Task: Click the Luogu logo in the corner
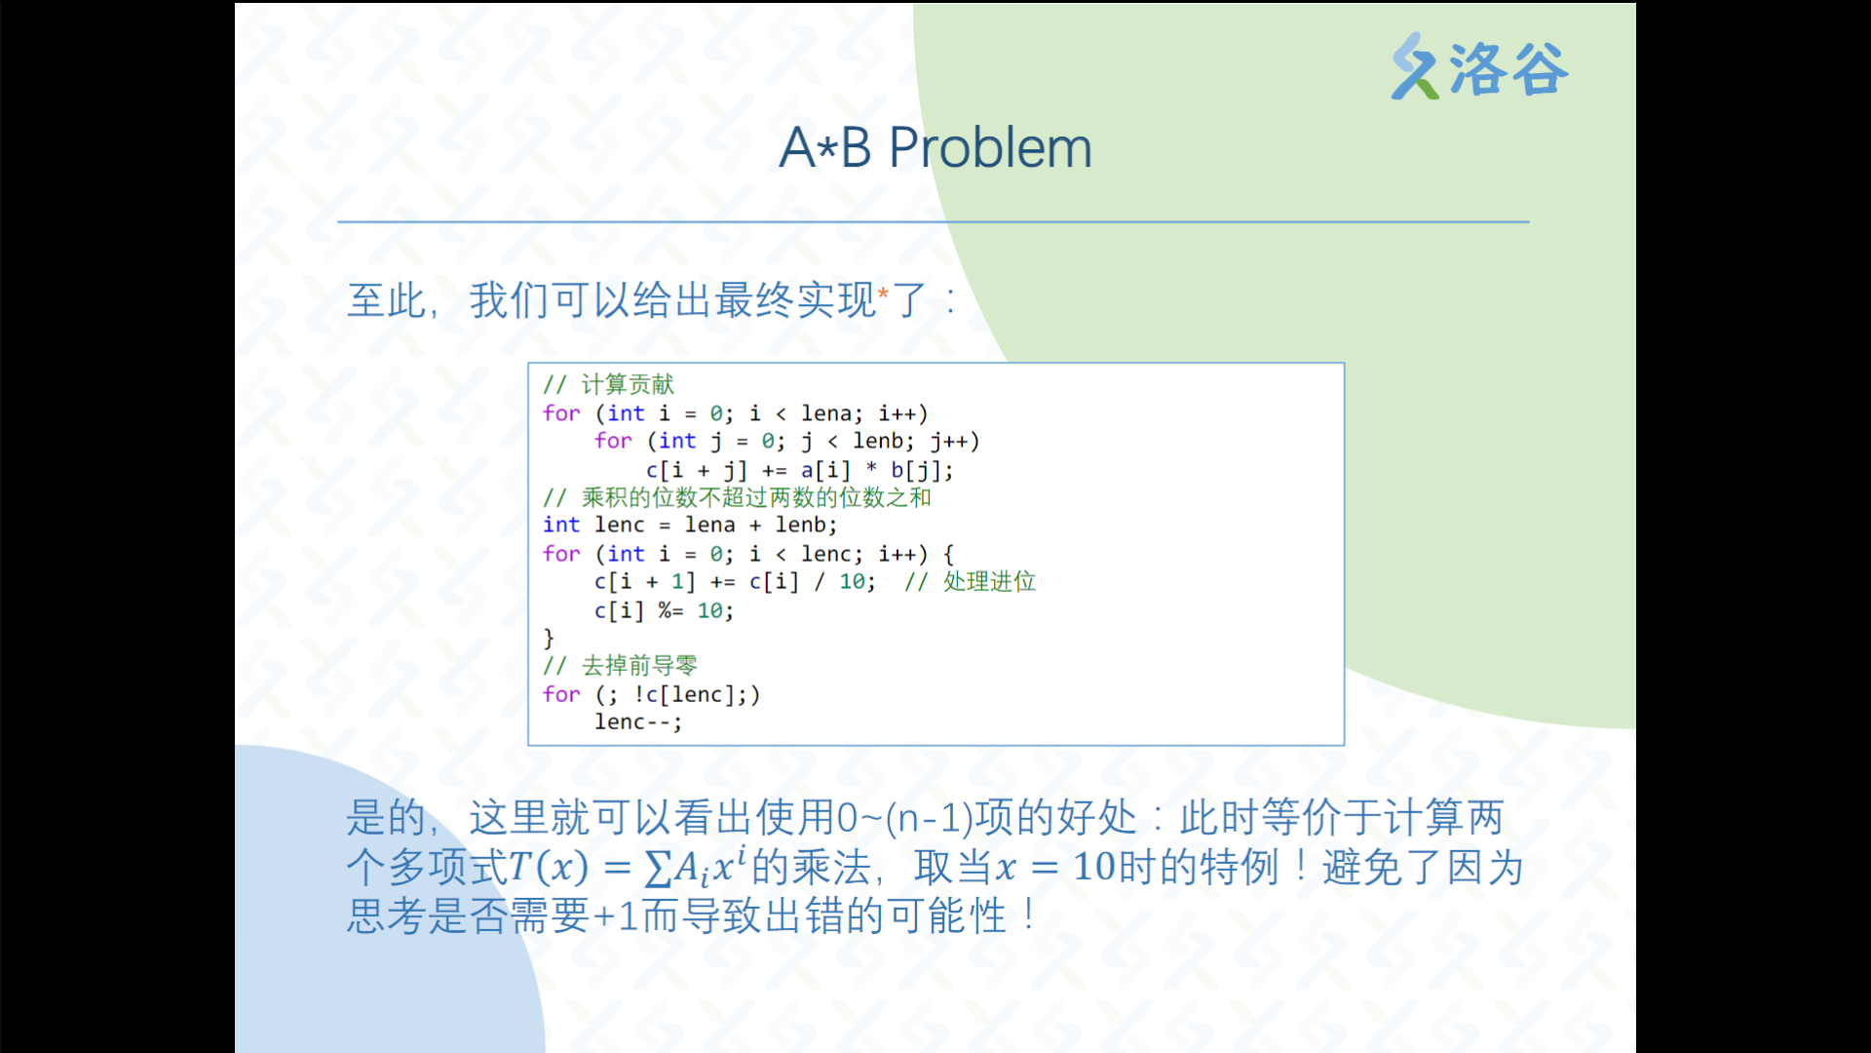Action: pos(1479,67)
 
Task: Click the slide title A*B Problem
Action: pos(935,148)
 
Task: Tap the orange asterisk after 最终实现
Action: pos(883,293)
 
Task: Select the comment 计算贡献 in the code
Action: pos(628,384)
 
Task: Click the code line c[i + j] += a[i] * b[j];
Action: pos(799,470)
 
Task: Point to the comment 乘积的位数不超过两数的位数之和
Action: pos(756,497)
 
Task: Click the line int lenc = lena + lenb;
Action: pos(690,525)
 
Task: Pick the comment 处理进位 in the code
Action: pos(989,581)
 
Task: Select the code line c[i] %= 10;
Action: pos(664,610)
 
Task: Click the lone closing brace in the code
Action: pos(549,638)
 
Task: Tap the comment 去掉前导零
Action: pos(639,665)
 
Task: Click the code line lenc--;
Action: pos(638,721)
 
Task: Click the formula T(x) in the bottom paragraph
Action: pos(548,866)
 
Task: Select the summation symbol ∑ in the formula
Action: pos(659,867)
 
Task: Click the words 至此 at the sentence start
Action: pos(387,299)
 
